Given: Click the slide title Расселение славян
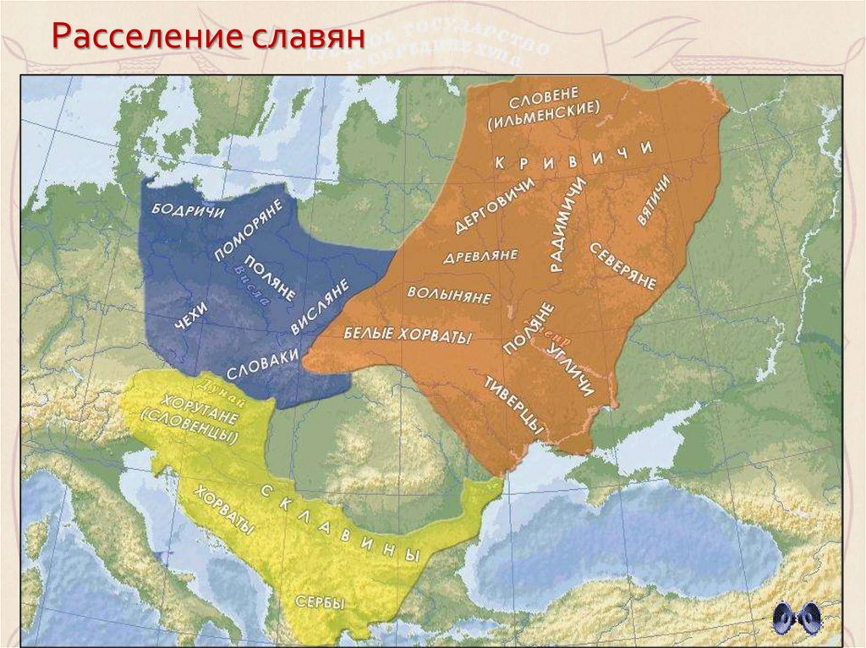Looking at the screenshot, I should [207, 38].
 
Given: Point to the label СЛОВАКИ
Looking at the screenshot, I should [262, 363].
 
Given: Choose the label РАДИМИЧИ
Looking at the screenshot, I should [566, 225].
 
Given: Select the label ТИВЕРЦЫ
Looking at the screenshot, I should [512, 404].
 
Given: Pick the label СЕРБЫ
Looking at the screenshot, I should [320, 602].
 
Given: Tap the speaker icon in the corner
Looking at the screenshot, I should [797, 618].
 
